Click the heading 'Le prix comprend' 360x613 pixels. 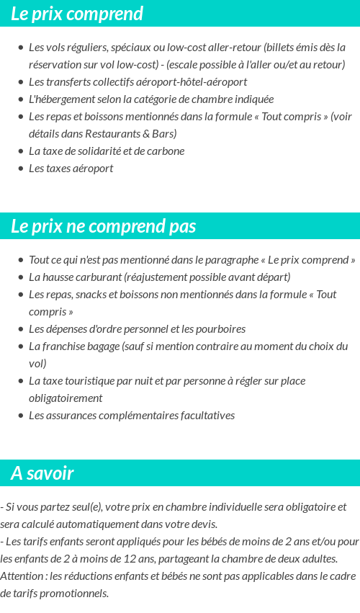click(77, 14)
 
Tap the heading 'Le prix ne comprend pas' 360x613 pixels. click(104, 226)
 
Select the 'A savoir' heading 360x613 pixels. click(42, 473)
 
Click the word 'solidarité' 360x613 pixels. click(112, 151)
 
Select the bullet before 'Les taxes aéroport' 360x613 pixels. click(21, 169)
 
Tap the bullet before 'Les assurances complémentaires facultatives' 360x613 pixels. click(21, 416)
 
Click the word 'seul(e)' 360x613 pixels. click(87, 507)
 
